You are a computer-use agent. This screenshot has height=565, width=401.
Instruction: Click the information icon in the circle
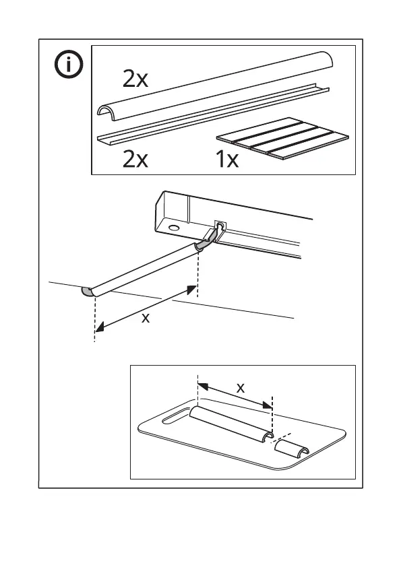pyautogui.click(x=69, y=64)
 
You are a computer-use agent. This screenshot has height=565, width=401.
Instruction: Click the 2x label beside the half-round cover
pyautogui.click(x=135, y=79)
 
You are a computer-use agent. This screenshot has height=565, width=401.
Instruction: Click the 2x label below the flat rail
pyautogui.click(x=135, y=159)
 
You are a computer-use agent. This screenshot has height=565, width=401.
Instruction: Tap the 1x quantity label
pyautogui.click(x=227, y=159)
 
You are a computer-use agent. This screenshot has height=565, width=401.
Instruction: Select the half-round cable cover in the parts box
pyautogui.click(x=215, y=86)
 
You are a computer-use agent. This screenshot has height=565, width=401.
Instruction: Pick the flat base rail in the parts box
pyautogui.click(x=214, y=114)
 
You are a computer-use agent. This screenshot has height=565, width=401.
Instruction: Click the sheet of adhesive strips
pyautogui.click(x=282, y=138)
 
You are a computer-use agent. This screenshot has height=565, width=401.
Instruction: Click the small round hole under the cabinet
pyautogui.click(x=174, y=228)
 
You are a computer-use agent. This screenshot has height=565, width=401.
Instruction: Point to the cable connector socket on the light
pyautogui.click(x=219, y=226)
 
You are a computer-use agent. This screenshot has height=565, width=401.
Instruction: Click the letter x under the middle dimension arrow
pyautogui.click(x=146, y=318)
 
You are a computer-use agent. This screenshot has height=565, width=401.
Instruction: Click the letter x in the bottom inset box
pyautogui.click(x=241, y=388)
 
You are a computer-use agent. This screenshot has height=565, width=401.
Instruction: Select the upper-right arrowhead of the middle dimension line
pyautogui.click(x=191, y=289)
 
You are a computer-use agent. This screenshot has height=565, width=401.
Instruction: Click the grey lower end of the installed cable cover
pyautogui.click(x=88, y=292)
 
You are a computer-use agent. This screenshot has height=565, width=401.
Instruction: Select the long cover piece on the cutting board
pyautogui.click(x=230, y=424)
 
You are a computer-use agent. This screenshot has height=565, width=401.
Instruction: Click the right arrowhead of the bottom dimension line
pyautogui.click(x=267, y=405)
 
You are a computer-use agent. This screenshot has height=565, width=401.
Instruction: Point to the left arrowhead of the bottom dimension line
pyautogui.click(x=203, y=387)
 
